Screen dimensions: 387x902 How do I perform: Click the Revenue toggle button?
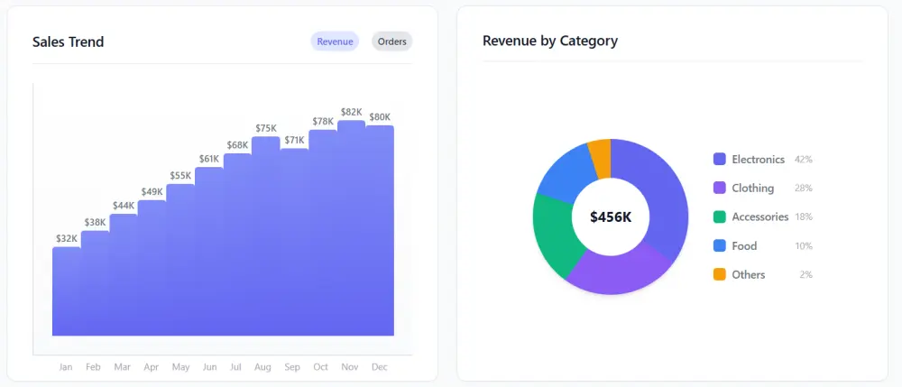pyautogui.click(x=335, y=41)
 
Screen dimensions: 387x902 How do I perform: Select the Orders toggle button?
pyautogui.click(x=391, y=41)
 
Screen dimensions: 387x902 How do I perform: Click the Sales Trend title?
pyautogui.click(x=68, y=41)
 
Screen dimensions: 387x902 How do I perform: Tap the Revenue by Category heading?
pyautogui.click(x=550, y=41)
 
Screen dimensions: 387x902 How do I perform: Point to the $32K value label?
pyautogui.click(x=66, y=239)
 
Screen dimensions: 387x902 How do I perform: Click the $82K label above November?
pyautogui.click(x=351, y=113)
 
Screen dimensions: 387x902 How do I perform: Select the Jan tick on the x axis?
pyautogui.click(x=65, y=367)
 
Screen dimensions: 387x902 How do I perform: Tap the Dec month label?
pyautogui.click(x=379, y=367)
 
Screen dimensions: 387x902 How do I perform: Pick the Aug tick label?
pyautogui.click(x=262, y=367)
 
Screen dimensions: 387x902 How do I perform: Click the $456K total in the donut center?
pyautogui.click(x=611, y=217)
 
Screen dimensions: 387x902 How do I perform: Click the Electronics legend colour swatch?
pyautogui.click(x=720, y=159)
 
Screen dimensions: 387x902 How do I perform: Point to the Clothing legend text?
pyautogui.click(x=752, y=188)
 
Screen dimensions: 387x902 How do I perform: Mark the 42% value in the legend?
pyautogui.click(x=804, y=159)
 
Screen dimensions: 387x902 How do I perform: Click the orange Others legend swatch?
pyautogui.click(x=720, y=274)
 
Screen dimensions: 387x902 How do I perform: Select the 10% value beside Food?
pyautogui.click(x=804, y=245)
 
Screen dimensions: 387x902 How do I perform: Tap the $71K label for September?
pyautogui.click(x=294, y=140)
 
